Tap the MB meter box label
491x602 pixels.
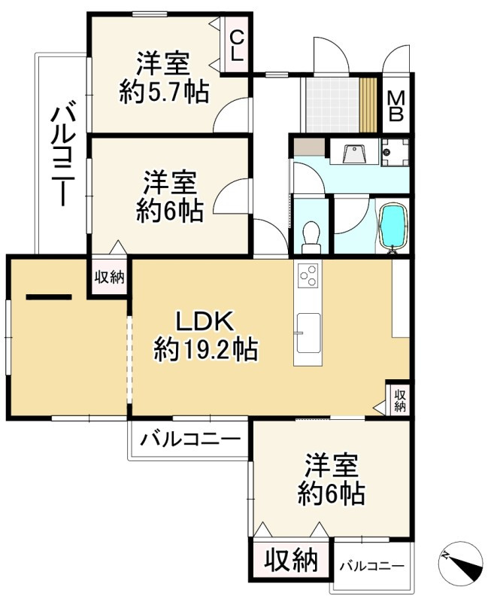pos(396,106)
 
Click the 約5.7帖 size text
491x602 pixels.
pos(164,93)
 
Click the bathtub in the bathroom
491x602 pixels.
pos(392,226)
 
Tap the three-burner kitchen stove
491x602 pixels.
pos(308,278)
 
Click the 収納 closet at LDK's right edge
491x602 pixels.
pos(399,399)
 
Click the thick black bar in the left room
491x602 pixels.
pos(49,296)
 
